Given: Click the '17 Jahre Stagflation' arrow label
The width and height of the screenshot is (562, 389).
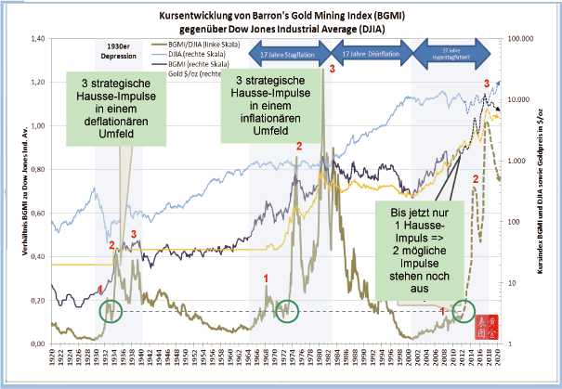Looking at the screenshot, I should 286,55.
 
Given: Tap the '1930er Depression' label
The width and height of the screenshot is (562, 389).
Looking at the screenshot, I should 116,49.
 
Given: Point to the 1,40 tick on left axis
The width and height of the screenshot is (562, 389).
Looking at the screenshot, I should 36,39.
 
